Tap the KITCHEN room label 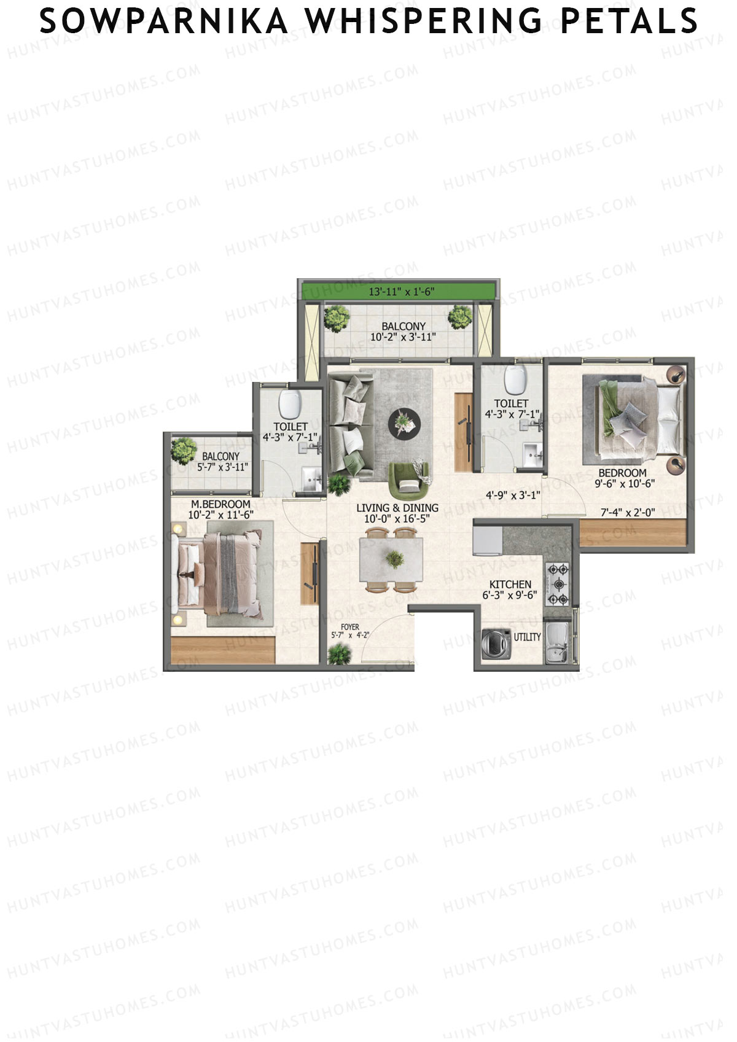click(x=510, y=585)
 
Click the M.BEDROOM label click(x=220, y=504)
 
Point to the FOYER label click(x=350, y=627)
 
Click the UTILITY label click(x=527, y=637)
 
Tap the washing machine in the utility click(x=496, y=644)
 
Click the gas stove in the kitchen click(x=558, y=584)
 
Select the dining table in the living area click(x=392, y=559)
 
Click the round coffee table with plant click(x=404, y=423)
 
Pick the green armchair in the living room click(x=408, y=481)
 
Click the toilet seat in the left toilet click(x=288, y=404)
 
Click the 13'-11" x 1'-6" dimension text click(x=402, y=292)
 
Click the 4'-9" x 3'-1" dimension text click(x=513, y=495)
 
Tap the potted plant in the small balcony click(x=183, y=450)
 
